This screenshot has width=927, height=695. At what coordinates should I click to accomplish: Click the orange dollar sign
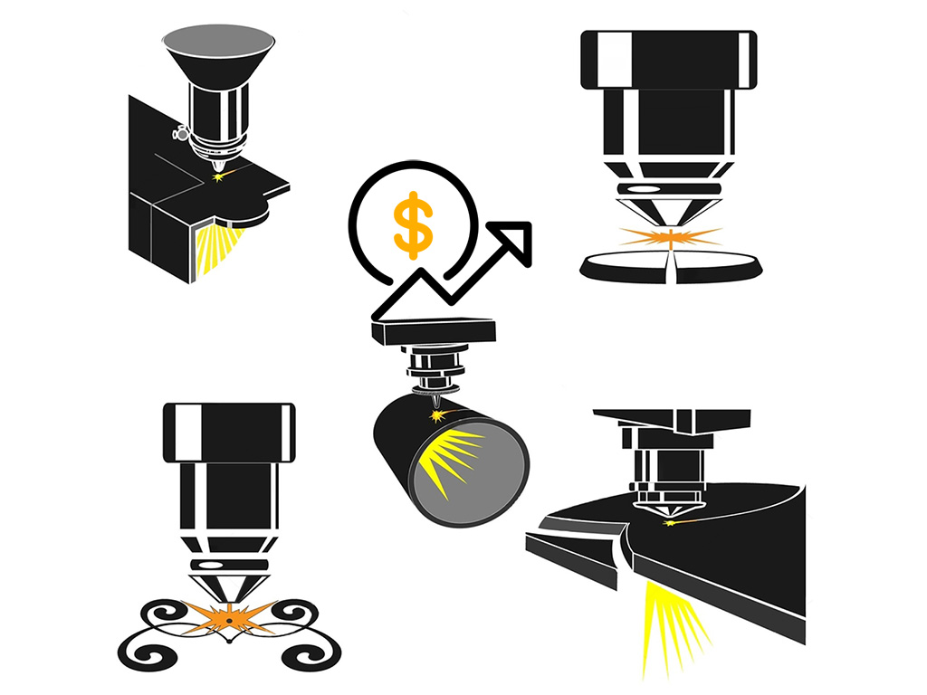413,222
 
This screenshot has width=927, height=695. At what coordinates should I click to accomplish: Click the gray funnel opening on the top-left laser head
218,40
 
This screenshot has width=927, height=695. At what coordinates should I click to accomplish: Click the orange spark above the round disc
671,236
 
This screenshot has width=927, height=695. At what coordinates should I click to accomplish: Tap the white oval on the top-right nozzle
645,188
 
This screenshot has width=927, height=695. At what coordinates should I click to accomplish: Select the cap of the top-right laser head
668,59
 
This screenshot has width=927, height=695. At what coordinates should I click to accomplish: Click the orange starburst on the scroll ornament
229,617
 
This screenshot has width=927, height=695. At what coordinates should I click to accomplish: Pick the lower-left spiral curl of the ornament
145,650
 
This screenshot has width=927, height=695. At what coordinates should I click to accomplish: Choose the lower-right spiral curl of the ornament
311,650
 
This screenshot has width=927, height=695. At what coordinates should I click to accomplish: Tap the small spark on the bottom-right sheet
671,522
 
